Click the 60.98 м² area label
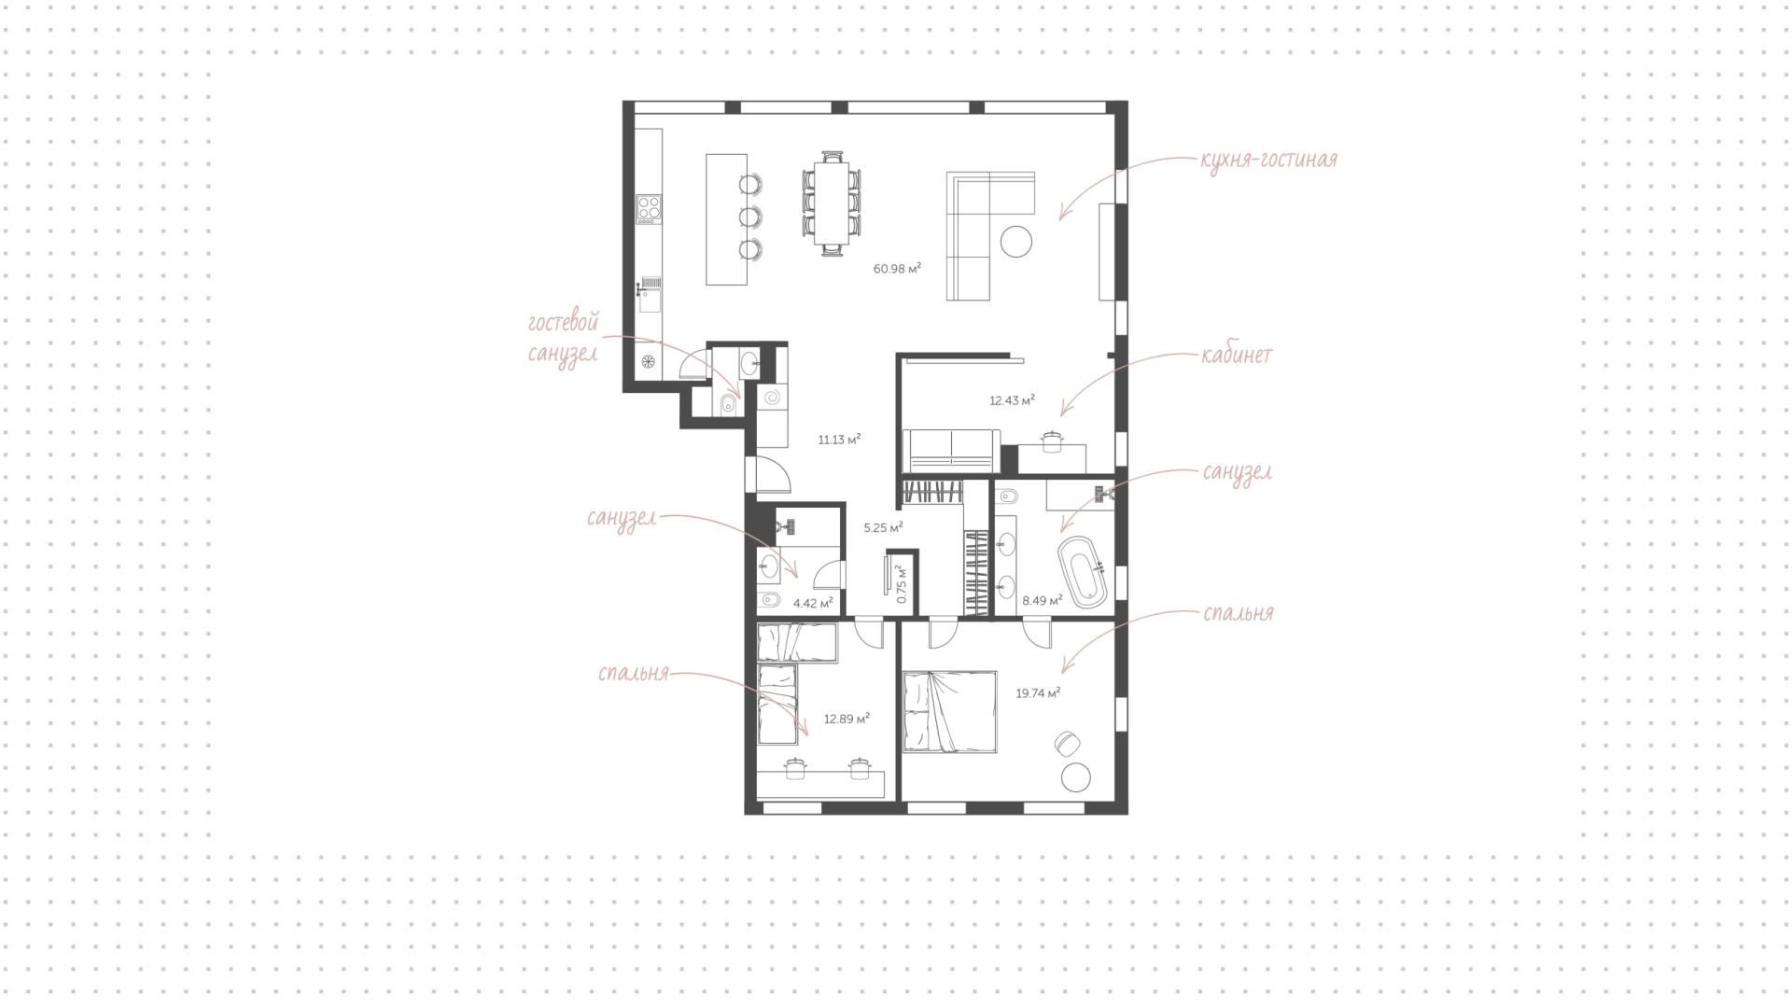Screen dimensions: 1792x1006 coord(897,269)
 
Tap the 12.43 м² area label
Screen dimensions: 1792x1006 coord(1013,401)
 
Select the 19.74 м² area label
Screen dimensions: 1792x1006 coord(1038,693)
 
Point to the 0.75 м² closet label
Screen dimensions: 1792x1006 coord(901,583)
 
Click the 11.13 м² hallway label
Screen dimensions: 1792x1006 coord(839,440)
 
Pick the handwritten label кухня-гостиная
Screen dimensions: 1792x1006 coord(1269,160)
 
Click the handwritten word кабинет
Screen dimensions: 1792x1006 coord(1238,356)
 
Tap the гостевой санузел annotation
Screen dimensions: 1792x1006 coord(562,339)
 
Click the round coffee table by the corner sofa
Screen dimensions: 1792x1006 coord(1016,242)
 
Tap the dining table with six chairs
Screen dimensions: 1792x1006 coord(832,203)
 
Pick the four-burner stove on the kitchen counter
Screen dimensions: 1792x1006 coord(649,209)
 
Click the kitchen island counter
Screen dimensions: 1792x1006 coord(726,219)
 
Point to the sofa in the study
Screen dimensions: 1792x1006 coord(950,451)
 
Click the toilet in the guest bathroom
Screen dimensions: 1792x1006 coord(728,404)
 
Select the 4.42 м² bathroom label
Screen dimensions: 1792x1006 coord(813,604)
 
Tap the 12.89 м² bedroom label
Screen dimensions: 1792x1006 coord(847,720)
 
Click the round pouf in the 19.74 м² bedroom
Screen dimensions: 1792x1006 coord(1076,777)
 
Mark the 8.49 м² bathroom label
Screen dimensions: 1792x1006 coord(1043,601)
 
